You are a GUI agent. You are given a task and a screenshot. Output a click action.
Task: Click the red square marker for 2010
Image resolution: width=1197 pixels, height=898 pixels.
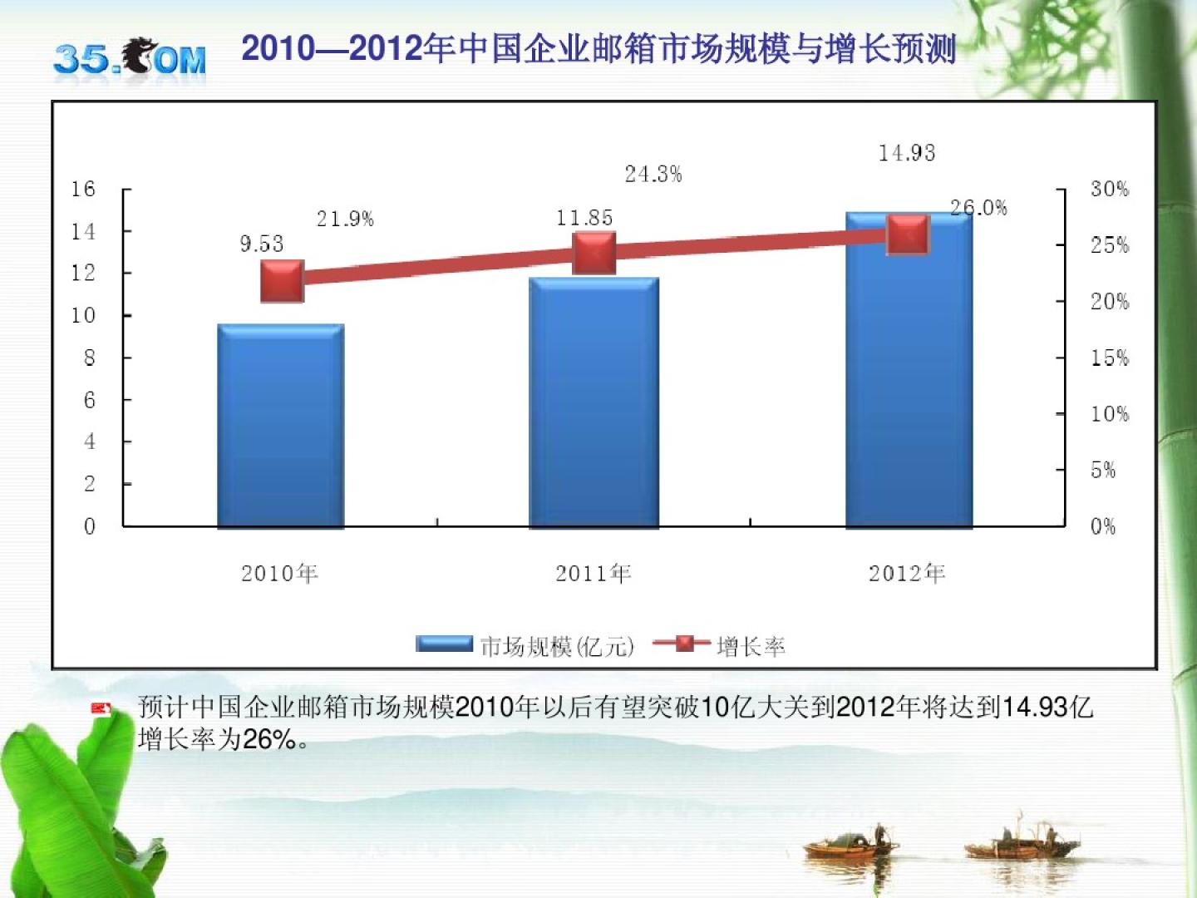[283, 281]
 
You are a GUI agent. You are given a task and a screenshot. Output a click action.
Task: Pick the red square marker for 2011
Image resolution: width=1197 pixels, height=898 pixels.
[594, 253]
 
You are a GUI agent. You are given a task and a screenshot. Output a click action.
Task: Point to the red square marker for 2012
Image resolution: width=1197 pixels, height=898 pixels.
[907, 234]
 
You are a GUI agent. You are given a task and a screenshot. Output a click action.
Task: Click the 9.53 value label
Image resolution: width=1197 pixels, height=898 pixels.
[262, 244]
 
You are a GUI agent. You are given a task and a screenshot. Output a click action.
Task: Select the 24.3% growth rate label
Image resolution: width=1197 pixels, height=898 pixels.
[653, 174]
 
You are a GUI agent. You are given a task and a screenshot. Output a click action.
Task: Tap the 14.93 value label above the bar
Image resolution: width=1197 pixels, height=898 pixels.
[907, 153]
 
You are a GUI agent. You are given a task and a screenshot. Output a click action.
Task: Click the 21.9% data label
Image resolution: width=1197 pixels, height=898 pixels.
[345, 219]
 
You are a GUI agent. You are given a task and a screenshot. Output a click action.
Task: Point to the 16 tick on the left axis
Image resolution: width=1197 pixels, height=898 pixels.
[83, 190]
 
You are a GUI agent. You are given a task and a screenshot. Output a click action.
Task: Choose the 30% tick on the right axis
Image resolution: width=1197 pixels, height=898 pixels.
[1110, 190]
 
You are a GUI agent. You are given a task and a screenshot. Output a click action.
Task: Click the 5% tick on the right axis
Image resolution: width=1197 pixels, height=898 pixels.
[1103, 471]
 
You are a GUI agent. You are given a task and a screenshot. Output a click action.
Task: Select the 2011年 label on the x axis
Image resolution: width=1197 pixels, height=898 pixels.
[594, 573]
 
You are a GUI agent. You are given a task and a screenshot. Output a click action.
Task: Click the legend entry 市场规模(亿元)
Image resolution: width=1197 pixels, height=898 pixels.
[525, 646]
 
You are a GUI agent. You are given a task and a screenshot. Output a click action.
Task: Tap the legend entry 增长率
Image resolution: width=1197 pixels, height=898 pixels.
[720, 646]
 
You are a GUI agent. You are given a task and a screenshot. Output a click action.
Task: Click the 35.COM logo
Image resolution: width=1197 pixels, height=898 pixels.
[130, 58]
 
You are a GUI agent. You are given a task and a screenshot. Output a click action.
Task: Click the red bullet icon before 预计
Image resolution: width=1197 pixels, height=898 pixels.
[101, 709]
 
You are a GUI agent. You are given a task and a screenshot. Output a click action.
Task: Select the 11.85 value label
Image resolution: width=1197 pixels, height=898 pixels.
[584, 218]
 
